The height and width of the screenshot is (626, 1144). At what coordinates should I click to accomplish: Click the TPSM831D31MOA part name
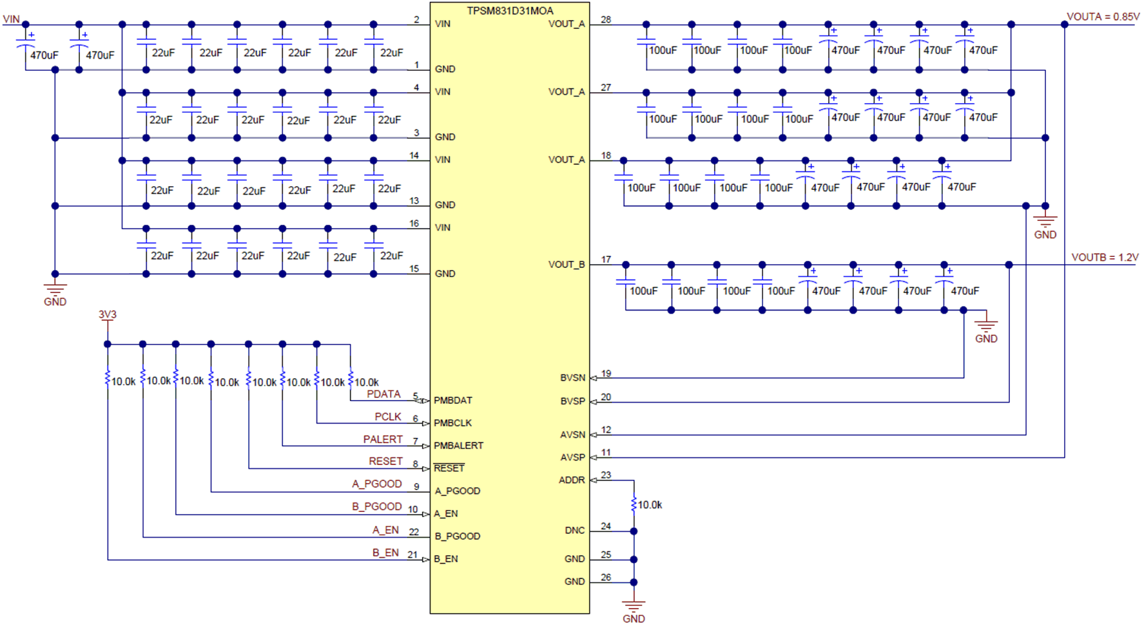click(510, 10)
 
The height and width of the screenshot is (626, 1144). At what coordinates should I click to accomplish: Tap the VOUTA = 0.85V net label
click(1103, 17)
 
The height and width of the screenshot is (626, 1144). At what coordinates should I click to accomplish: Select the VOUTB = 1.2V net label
click(1105, 257)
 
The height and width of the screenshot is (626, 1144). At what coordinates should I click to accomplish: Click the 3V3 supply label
click(107, 314)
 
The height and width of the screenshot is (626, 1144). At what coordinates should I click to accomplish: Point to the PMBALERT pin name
click(458, 446)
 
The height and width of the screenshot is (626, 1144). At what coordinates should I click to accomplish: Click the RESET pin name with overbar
click(449, 468)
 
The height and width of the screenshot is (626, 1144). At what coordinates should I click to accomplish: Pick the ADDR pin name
click(572, 480)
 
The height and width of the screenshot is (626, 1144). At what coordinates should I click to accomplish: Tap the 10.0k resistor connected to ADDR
click(634, 504)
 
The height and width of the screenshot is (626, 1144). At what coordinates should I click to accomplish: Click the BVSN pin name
click(572, 378)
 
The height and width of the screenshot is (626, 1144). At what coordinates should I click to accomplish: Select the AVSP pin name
click(572, 457)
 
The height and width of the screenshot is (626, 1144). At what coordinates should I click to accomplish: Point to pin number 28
click(606, 20)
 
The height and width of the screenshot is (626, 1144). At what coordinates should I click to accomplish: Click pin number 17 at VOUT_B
click(606, 260)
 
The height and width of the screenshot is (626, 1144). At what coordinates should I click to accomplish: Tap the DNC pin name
click(574, 531)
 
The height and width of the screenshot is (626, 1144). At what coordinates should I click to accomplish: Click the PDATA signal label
click(383, 394)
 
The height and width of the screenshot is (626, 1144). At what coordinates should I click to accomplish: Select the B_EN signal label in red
click(385, 553)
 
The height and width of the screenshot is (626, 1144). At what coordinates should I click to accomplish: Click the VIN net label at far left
click(11, 19)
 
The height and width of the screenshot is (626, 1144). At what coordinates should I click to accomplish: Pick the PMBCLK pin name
click(452, 423)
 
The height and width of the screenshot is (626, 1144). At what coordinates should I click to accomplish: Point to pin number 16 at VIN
click(414, 223)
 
